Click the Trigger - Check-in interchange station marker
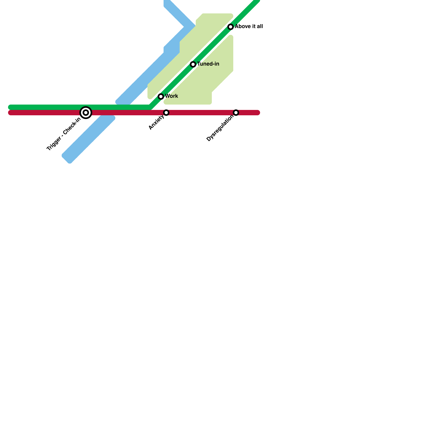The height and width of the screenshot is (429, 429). (x=86, y=113)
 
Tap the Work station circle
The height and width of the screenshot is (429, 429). (x=161, y=97)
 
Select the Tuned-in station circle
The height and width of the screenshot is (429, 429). (x=193, y=64)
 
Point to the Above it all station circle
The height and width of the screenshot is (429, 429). (x=231, y=27)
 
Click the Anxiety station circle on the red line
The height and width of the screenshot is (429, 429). (x=166, y=113)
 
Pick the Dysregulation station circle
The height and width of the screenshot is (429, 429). (x=236, y=113)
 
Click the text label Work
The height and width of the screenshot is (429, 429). (x=172, y=96)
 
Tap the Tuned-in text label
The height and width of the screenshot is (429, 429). (x=208, y=64)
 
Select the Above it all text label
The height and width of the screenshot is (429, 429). (x=249, y=26)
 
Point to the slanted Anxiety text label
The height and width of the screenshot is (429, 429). (x=157, y=122)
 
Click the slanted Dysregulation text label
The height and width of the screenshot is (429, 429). (x=220, y=128)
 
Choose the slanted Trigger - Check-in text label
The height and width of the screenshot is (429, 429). (x=64, y=134)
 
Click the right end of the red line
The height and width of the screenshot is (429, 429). (x=258, y=113)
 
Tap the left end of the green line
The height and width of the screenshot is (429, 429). (x=10, y=107)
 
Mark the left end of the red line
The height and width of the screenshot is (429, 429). (x=10, y=113)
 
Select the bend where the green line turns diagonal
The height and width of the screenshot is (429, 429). (x=150, y=107)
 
